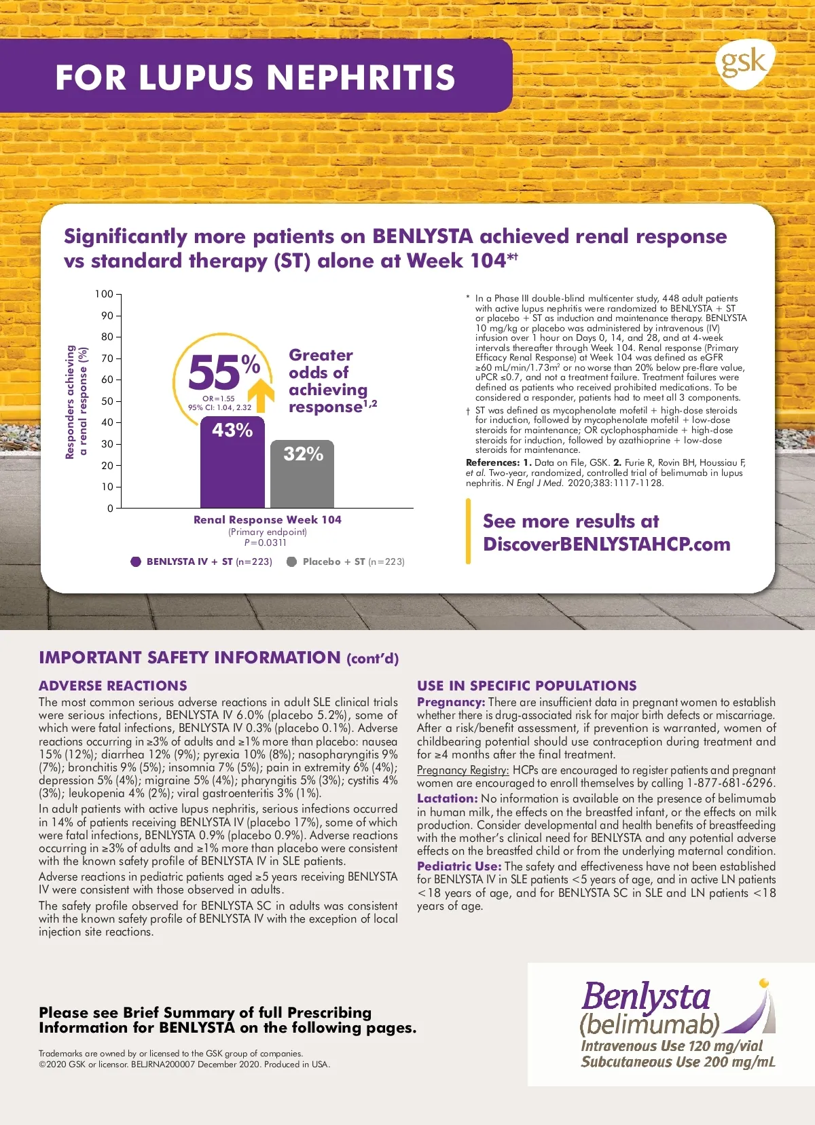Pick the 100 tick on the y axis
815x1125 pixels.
click(104, 294)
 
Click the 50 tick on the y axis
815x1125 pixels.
click(107, 401)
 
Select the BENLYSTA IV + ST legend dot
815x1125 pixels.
click(136, 561)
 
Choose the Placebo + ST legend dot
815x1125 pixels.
click(292, 561)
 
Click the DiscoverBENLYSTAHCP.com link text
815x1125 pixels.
click(606, 545)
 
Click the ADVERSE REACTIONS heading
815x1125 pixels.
click(113, 686)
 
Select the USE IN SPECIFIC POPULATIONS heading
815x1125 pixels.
click(527, 686)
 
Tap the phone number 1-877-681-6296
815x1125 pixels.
click(731, 783)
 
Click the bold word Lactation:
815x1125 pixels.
click(448, 798)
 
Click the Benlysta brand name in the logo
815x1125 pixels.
click(645, 997)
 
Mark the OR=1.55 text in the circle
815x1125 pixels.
click(219, 399)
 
